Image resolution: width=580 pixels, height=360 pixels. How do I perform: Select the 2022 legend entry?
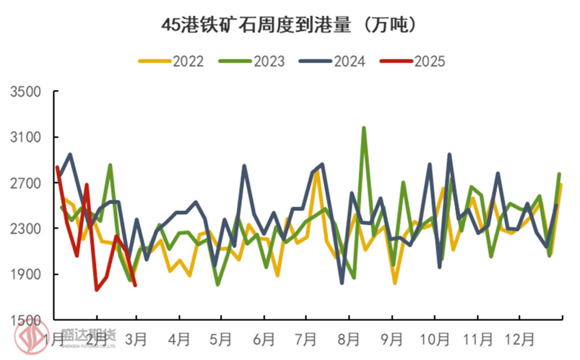pyautogui.click(x=172, y=61)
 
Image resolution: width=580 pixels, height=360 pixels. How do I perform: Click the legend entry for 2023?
pyautogui.click(x=252, y=61)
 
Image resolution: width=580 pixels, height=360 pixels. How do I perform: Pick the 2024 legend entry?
pyautogui.click(x=333, y=61)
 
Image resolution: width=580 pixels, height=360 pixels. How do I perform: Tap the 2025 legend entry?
pyautogui.click(x=413, y=61)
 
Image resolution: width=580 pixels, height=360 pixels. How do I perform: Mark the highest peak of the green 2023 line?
pyautogui.click(x=364, y=128)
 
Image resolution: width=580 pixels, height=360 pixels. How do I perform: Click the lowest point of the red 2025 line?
pyautogui.click(x=97, y=290)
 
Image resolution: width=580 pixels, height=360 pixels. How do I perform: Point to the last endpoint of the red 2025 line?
pyautogui.click(x=135, y=285)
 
